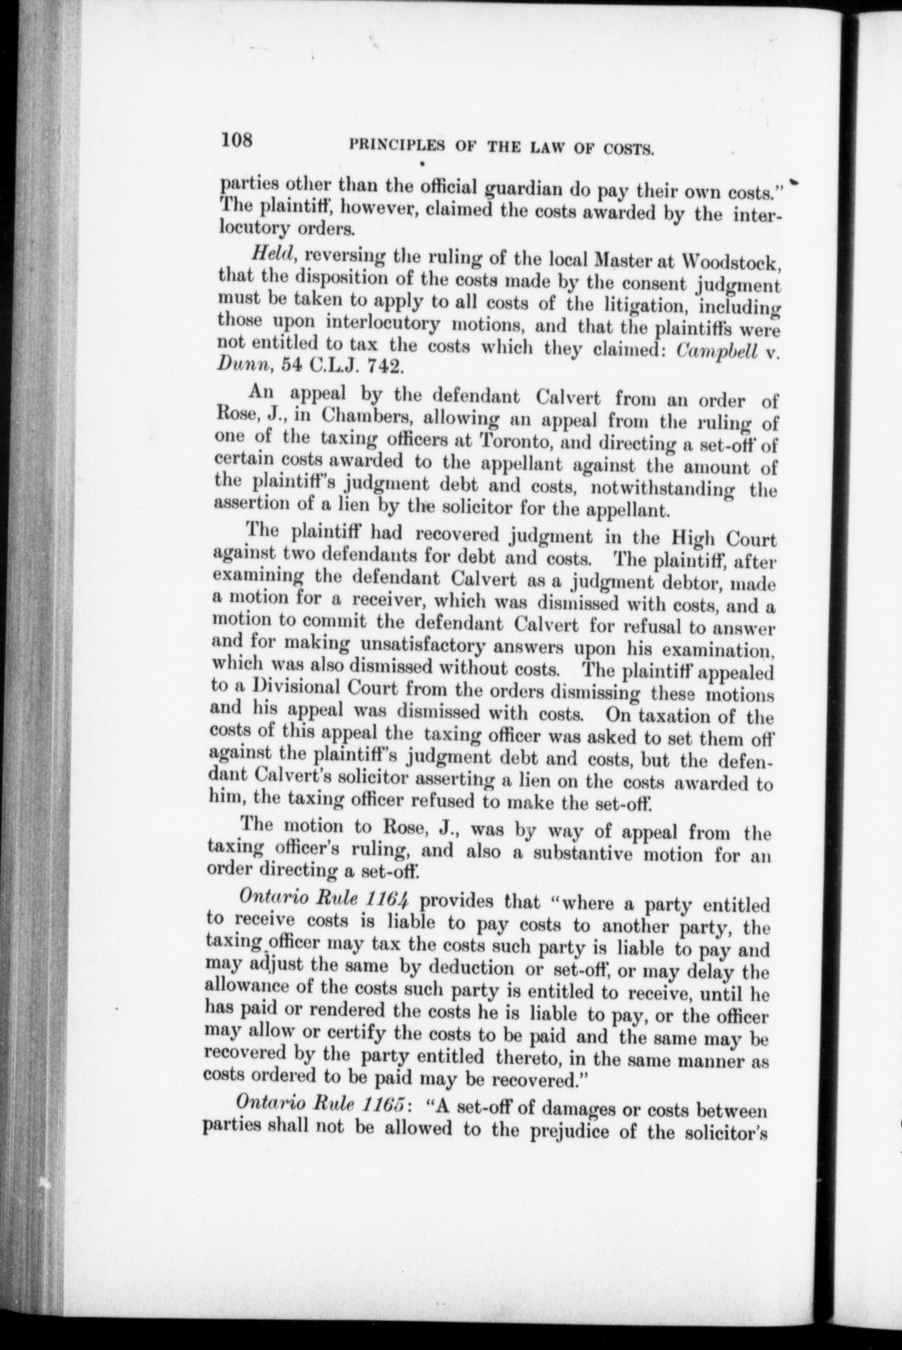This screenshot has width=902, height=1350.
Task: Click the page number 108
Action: click(x=235, y=140)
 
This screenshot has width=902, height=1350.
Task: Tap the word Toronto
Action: click(x=515, y=441)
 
